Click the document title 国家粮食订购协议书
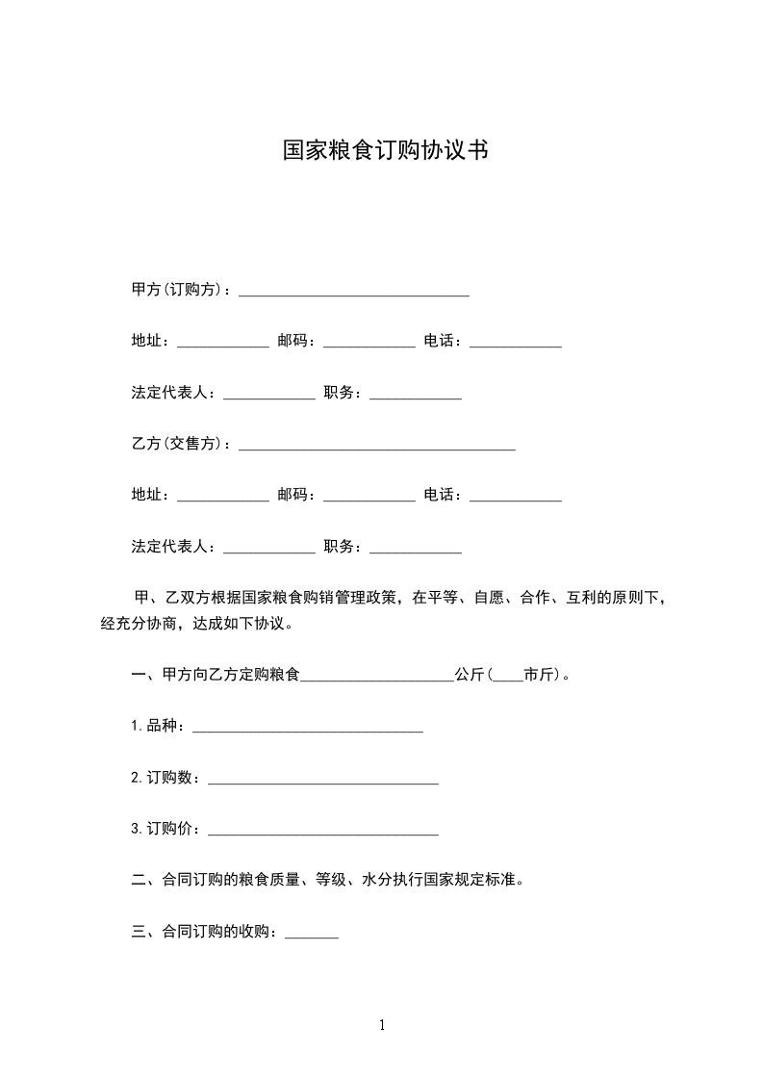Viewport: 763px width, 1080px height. pyautogui.click(x=384, y=151)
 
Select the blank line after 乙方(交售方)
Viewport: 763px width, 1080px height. pyautogui.click(x=376, y=447)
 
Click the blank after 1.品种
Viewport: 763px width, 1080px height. pyautogui.click(x=308, y=729)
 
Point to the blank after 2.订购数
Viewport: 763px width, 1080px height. pyautogui.click(x=323, y=781)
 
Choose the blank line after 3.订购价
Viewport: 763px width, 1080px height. pyautogui.click(x=323, y=833)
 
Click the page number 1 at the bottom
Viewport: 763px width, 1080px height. pyautogui.click(x=382, y=1025)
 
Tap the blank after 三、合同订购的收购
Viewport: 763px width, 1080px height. pyautogui.click(x=312, y=935)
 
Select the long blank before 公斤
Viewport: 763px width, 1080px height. pyautogui.click(x=377, y=678)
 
